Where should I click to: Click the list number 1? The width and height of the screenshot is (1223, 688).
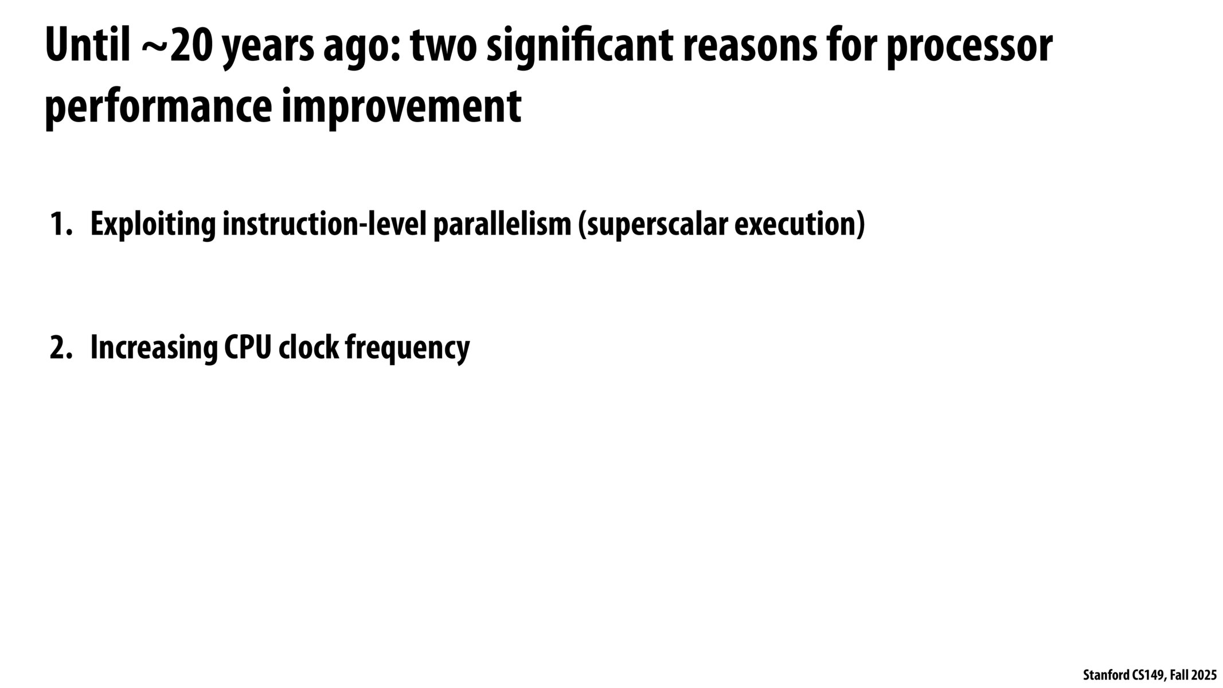click(61, 224)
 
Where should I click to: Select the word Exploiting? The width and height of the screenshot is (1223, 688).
click(153, 225)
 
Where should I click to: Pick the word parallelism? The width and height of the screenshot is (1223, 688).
click(502, 225)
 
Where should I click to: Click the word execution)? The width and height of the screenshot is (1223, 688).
click(799, 225)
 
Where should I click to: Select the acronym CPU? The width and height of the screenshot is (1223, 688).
click(247, 348)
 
